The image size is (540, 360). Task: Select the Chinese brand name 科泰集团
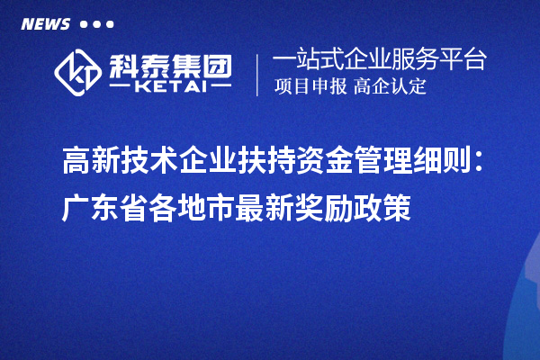(171, 64)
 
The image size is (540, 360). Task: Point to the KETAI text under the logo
(171, 86)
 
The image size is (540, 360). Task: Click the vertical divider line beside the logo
(259, 75)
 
